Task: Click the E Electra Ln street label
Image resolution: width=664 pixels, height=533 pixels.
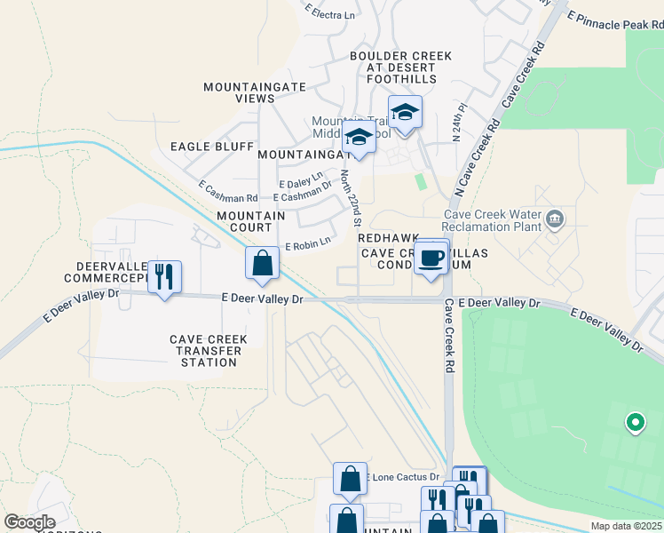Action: coord(330,12)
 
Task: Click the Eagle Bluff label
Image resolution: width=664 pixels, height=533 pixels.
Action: coord(212,147)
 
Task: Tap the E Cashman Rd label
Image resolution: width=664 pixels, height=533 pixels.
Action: coord(228,192)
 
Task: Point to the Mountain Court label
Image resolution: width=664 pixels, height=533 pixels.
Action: coord(251,221)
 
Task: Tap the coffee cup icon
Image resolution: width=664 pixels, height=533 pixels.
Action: coord(431,259)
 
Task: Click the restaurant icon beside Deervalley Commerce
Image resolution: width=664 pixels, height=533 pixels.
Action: coord(164,277)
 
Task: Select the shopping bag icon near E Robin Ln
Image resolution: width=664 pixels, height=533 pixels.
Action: coord(262,263)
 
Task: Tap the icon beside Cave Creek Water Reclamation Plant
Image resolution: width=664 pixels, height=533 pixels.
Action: coord(555,219)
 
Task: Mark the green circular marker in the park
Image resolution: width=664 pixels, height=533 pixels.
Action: coord(635,423)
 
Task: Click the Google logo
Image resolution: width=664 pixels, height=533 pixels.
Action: coord(29,522)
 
